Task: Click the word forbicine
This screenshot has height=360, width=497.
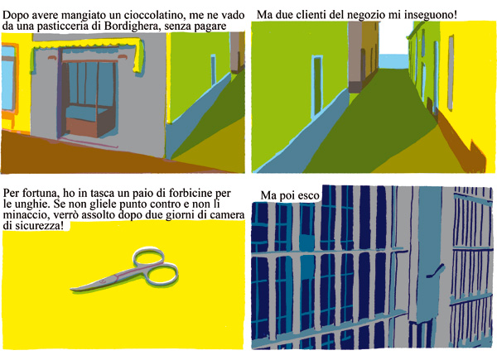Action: pyautogui.click(x=191, y=193)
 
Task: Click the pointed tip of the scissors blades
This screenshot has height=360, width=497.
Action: pyautogui.click(x=71, y=289)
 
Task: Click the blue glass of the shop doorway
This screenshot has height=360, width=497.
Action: pyautogui.click(x=89, y=85)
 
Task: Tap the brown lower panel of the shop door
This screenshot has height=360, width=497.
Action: pyautogui.click(x=82, y=127)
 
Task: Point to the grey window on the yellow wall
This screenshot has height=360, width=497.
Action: pyautogui.click(x=451, y=72)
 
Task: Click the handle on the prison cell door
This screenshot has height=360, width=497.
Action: pyautogui.click(x=436, y=271)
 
